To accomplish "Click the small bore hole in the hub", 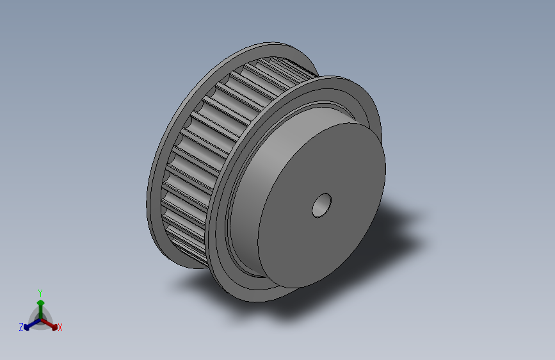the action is pyautogui.click(x=322, y=205).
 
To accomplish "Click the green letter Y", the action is pyautogui.click(x=40, y=293).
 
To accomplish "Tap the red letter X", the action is pyautogui.click(x=60, y=327).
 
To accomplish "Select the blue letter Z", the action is pyautogui.click(x=21, y=327).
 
